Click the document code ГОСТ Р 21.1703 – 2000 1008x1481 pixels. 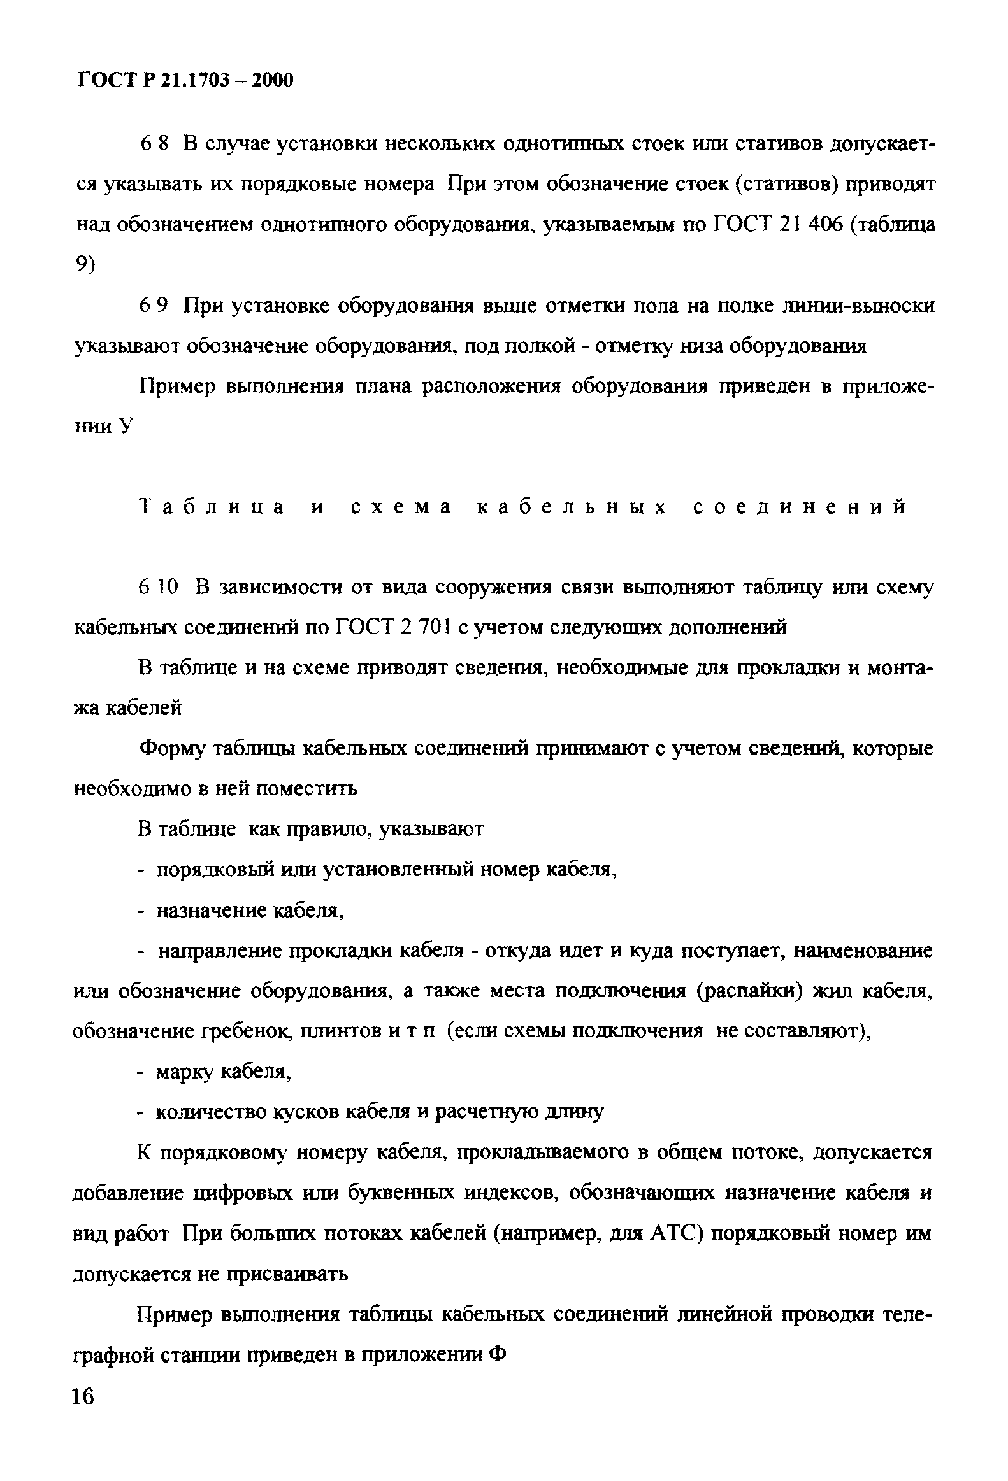[185, 81]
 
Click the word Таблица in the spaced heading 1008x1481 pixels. [212, 507]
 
